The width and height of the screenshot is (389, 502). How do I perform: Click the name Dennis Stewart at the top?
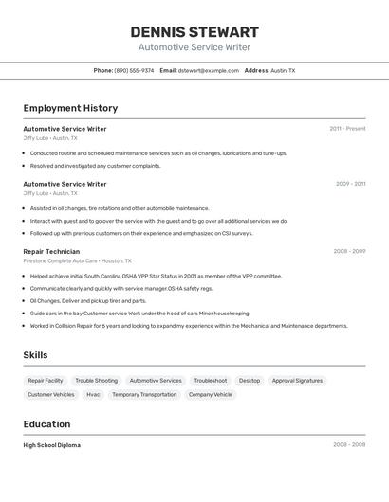pos(194,32)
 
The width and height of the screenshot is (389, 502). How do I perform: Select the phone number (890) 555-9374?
pos(134,70)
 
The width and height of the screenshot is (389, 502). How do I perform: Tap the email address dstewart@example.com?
pos(208,70)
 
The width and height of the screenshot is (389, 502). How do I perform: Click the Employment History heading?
pos(70,108)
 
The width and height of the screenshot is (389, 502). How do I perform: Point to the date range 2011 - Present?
pos(347,129)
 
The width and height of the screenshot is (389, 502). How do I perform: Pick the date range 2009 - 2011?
pos(350,184)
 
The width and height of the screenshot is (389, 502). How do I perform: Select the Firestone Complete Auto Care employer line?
pos(77,260)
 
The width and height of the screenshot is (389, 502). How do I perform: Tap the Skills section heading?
pos(35,355)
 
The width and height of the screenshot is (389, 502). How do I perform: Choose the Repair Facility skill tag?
pos(46,380)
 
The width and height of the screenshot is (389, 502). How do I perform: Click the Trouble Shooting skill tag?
pos(97,380)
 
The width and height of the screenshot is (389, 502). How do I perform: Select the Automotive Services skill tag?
pos(156,380)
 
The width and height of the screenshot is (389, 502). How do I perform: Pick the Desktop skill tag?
pos(250,380)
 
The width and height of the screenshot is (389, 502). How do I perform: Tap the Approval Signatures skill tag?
pos(297,380)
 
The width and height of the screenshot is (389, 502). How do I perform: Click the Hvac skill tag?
pos(93,394)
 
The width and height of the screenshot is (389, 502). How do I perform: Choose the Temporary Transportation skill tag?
pos(144,394)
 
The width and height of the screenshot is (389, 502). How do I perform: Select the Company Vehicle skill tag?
pos(210,394)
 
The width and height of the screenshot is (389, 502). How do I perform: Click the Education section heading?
pos(46,424)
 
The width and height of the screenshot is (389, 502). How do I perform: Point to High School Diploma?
pos(52,445)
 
